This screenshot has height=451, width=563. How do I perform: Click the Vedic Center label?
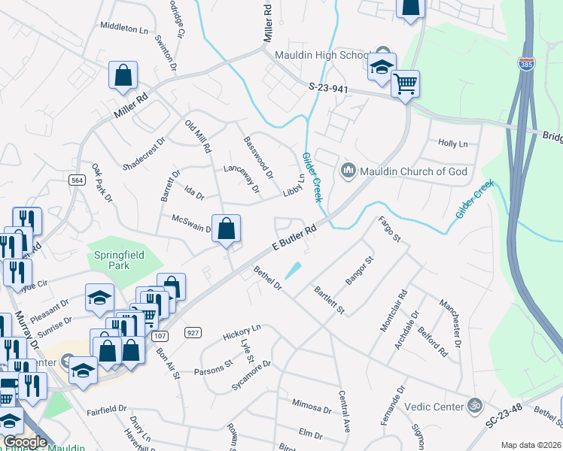click(x=437, y=407)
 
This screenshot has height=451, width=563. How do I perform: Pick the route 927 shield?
click(x=193, y=332)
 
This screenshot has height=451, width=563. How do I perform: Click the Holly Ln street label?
click(x=452, y=143)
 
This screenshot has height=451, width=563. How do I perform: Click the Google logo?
click(x=25, y=442)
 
